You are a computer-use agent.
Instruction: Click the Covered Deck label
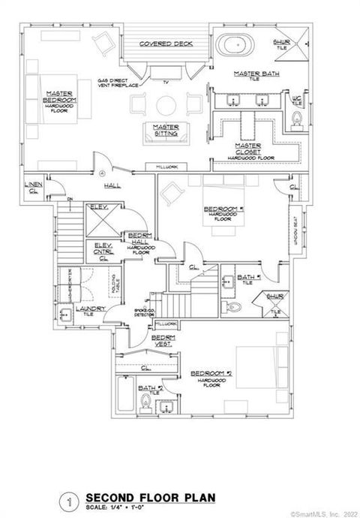(x=166, y=44)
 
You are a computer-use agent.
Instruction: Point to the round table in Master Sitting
(x=166, y=103)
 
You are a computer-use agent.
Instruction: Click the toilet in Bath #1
(x=234, y=307)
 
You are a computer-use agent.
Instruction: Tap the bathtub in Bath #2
(x=125, y=399)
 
